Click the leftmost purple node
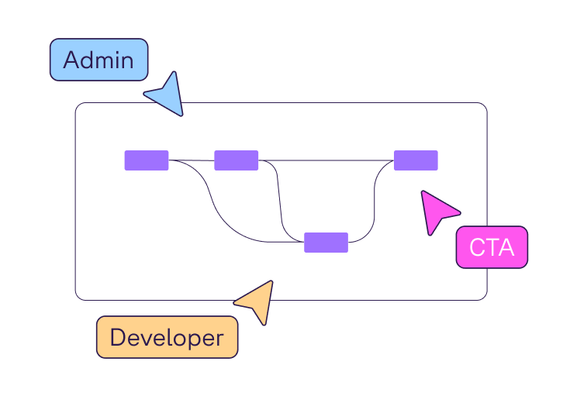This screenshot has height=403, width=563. click(x=147, y=160)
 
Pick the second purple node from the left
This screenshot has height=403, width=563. click(x=236, y=160)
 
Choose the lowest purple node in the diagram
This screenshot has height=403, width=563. click(x=326, y=243)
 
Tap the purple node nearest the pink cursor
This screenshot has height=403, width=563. click(x=416, y=160)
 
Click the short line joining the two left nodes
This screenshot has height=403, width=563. click(x=192, y=160)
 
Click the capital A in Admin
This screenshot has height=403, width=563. click(x=72, y=60)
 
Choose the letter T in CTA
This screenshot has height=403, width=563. click(x=492, y=248)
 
